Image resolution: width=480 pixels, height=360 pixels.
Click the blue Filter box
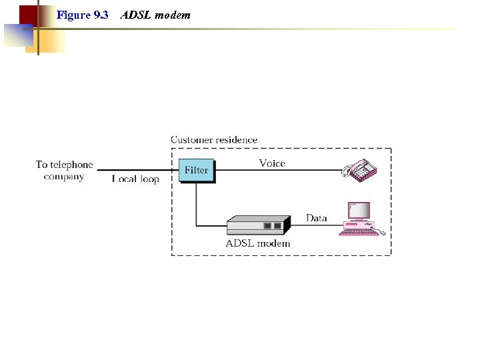click(x=196, y=170)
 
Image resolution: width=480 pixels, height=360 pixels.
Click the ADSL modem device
click(x=257, y=225)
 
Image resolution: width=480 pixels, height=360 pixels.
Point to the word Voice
click(x=272, y=163)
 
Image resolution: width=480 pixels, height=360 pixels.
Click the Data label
click(x=317, y=218)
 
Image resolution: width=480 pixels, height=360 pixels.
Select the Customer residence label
click(x=214, y=140)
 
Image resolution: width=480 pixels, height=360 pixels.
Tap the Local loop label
click(x=135, y=179)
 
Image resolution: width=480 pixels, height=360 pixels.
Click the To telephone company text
click(x=64, y=171)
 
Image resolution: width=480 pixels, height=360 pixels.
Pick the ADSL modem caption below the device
click(x=258, y=243)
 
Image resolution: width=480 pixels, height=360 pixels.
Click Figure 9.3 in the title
click(x=83, y=15)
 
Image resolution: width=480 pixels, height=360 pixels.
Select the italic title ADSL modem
click(x=155, y=15)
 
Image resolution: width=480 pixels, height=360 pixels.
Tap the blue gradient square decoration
click(x=17, y=35)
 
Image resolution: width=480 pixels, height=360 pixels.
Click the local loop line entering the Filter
click(x=137, y=170)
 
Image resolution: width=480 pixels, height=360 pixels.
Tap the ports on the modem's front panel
click(x=272, y=226)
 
